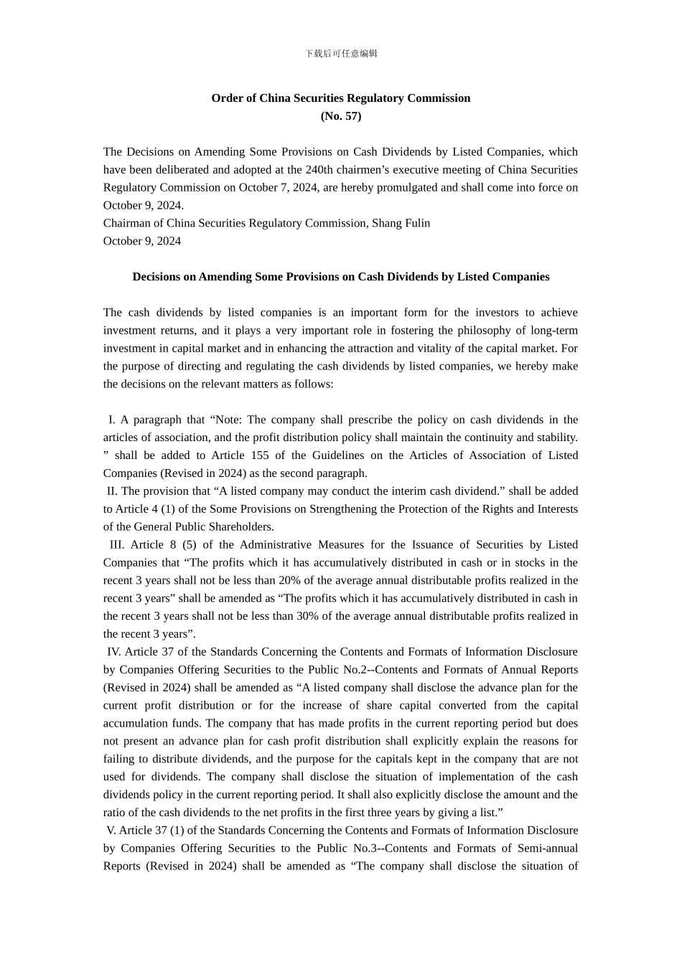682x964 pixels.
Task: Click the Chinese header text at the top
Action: click(341, 54)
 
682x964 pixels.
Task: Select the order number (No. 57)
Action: click(341, 116)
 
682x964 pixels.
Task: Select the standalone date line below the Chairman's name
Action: click(142, 241)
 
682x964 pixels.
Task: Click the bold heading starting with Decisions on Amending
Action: click(341, 277)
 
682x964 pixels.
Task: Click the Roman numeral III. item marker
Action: click(117, 545)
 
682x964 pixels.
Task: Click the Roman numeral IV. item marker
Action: click(114, 652)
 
